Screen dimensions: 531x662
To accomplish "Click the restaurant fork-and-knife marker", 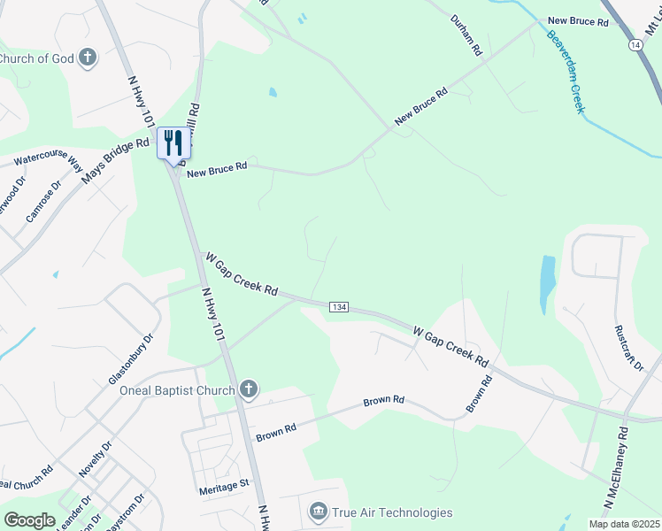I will (x=173, y=142).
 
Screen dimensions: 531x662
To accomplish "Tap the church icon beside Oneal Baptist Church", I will (x=249, y=389).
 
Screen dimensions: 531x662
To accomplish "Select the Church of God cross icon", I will (x=87, y=58).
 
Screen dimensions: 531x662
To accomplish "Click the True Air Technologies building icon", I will (x=318, y=512).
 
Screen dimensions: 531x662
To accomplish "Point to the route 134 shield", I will (x=338, y=306).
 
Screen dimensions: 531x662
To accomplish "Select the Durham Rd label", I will (x=465, y=36).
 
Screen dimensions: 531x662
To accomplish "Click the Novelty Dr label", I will (x=95, y=460).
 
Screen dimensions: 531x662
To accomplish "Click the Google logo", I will (x=29, y=520).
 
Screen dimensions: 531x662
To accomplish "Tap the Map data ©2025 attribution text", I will (x=623, y=524).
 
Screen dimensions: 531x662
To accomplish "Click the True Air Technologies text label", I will (x=392, y=512).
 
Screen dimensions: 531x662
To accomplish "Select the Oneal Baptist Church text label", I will (x=177, y=390).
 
